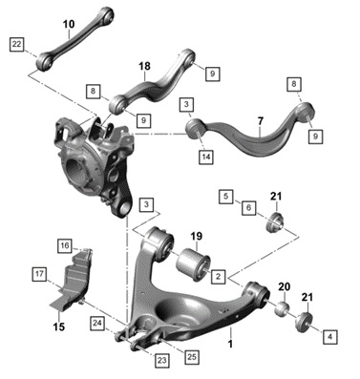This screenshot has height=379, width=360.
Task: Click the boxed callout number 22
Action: (16, 45)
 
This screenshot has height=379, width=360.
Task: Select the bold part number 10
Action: (69, 24)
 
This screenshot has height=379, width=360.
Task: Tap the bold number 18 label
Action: (144, 66)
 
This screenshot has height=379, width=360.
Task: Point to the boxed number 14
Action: (206, 158)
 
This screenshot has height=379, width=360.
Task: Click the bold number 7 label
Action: (261, 121)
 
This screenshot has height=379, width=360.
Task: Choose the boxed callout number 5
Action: (225, 197)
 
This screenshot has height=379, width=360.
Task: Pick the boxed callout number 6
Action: (248, 208)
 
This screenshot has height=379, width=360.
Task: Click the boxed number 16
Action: (65, 246)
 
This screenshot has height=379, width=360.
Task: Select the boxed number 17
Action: (39, 274)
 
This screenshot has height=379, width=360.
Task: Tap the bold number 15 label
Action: (59, 326)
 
